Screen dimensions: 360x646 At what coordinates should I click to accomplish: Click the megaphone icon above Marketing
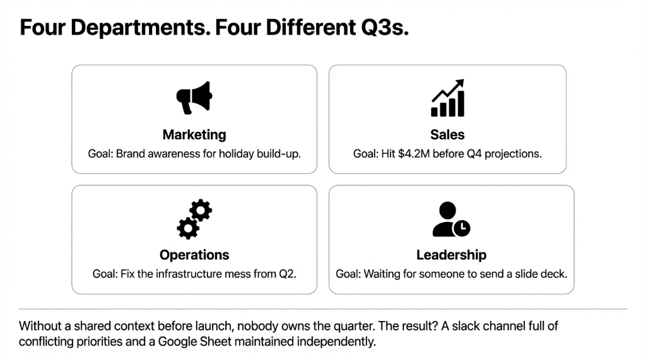194,98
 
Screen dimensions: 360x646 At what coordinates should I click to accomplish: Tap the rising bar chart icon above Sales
447,98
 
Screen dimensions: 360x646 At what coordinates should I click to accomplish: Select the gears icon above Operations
194,219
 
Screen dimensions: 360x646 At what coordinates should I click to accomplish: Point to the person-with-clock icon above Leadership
450,219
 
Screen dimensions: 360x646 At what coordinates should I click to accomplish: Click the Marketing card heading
194,134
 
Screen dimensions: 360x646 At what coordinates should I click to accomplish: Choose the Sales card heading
447,134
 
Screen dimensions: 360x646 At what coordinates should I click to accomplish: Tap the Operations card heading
194,255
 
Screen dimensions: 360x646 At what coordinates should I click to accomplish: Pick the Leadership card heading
451,255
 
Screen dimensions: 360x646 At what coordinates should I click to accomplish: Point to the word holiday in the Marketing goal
235,153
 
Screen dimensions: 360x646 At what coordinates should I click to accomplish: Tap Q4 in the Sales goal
474,153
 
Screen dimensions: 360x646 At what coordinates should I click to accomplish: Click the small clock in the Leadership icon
462,228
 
